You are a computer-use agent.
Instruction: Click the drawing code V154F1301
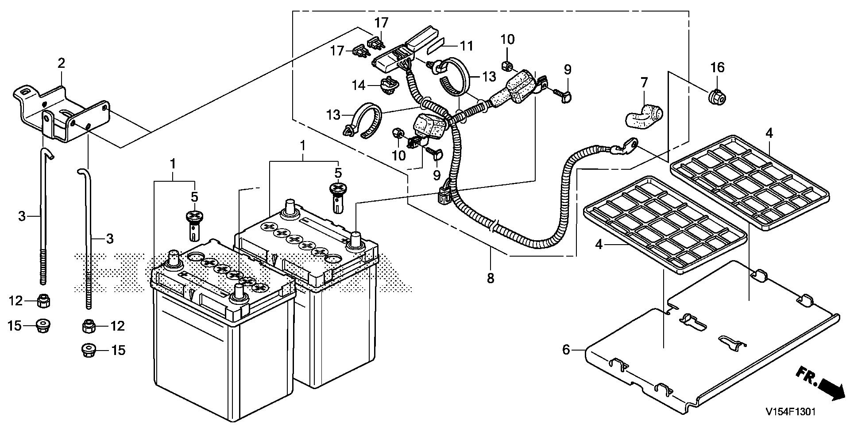[791, 412]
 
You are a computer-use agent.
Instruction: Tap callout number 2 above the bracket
[61, 63]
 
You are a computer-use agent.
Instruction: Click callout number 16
[717, 67]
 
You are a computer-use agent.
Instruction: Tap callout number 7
[644, 82]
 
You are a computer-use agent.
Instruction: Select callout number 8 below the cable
[490, 278]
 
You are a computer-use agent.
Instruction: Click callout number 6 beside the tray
[566, 350]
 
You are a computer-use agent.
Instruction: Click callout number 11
[466, 46]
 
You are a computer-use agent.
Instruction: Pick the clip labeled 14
[387, 83]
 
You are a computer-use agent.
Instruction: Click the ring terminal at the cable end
[628, 145]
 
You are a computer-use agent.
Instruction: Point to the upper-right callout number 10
[508, 39]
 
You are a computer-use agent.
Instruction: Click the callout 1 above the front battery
[173, 164]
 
